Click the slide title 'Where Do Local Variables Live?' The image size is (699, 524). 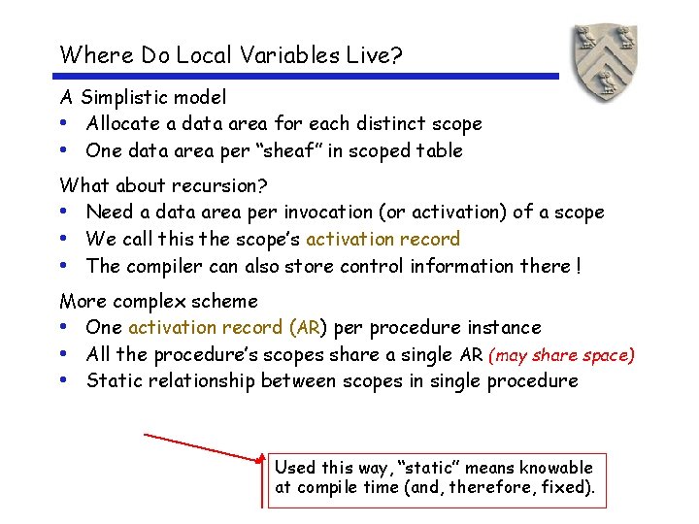tap(231, 54)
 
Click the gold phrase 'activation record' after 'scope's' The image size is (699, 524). tap(383, 239)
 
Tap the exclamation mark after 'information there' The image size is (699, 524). tap(578, 266)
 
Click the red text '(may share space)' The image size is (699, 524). tap(561, 355)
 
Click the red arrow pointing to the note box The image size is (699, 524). tap(204, 445)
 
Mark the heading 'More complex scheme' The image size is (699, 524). tap(159, 301)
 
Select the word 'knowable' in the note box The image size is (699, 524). tap(556, 468)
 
